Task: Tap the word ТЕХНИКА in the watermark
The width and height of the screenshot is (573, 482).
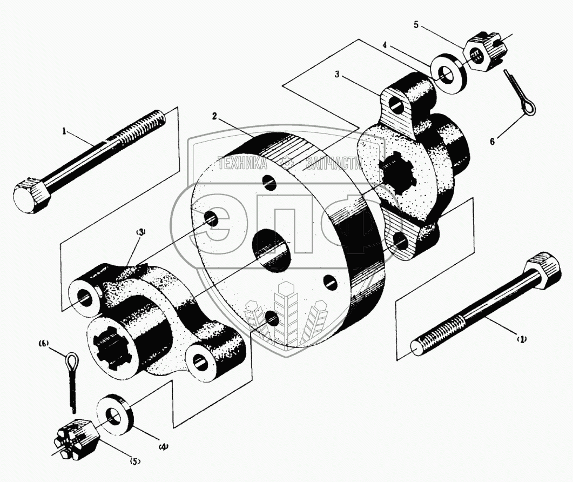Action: point(241,163)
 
